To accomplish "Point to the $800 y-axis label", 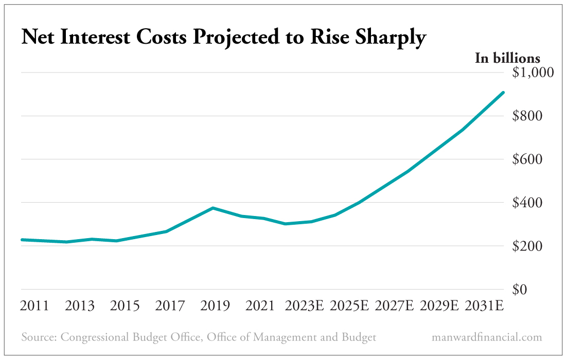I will click(x=528, y=116).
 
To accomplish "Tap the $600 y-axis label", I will click(x=528, y=159).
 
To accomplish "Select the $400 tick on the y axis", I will click(x=528, y=203).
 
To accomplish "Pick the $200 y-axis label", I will click(x=528, y=246).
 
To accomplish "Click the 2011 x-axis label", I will click(x=34, y=306).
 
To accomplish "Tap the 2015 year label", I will click(x=125, y=306).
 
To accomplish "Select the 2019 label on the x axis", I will click(x=215, y=306).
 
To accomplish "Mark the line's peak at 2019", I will click(x=213, y=208).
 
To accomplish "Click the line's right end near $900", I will click(x=503, y=93).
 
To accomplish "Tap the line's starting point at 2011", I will click(x=22, y=240).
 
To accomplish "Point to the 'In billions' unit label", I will click(x=507, y=58).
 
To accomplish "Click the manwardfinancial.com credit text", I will click(x=487, y=337).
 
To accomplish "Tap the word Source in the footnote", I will click(x=39, y=337).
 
